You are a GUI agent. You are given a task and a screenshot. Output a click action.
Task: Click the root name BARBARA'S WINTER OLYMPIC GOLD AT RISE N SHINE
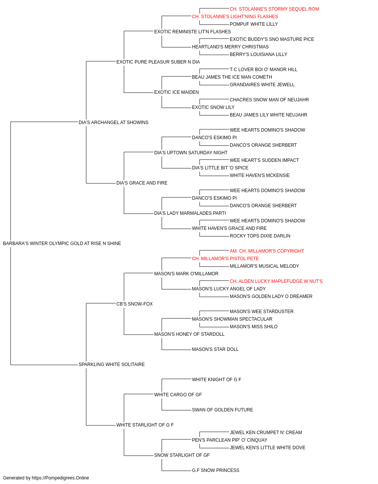point(62,244)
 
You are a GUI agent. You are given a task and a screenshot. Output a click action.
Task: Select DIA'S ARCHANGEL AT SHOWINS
point(113,123)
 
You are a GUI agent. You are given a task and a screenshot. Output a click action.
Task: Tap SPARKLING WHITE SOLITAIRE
point(112,365)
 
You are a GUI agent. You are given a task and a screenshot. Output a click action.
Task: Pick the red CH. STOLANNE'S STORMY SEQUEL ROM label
point(274,9)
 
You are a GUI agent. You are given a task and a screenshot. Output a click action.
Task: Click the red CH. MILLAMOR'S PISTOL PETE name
point(225,259)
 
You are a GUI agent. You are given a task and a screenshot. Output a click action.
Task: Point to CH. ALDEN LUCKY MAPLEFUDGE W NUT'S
point(276,281)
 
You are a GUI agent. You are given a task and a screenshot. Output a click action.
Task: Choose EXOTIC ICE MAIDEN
point(176,92)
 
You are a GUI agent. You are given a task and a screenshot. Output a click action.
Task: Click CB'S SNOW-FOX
point(135,304)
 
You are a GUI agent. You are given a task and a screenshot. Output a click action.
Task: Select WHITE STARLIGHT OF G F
point(145,425)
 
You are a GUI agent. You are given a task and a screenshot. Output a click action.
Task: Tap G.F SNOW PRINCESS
point(215,470)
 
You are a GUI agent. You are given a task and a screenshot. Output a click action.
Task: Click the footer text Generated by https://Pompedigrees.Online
point(46,478)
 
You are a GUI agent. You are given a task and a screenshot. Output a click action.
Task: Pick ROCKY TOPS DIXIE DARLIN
point(260,236)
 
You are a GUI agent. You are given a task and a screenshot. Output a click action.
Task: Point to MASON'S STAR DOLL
point(215,349)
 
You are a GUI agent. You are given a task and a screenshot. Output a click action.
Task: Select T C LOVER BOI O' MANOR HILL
point(263,70)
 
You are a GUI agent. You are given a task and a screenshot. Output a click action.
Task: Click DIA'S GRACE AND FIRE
point(142,183)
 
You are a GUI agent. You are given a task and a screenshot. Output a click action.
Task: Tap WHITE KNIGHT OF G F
point(216,380)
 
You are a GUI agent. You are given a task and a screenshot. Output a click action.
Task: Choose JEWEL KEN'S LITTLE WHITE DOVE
point(267,448)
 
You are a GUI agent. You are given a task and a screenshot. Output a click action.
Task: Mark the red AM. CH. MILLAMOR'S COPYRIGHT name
point(267,251)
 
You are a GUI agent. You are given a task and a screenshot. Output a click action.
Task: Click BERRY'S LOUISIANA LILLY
point(258,54)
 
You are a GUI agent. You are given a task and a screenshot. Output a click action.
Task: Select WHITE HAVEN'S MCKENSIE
point(260,175)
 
